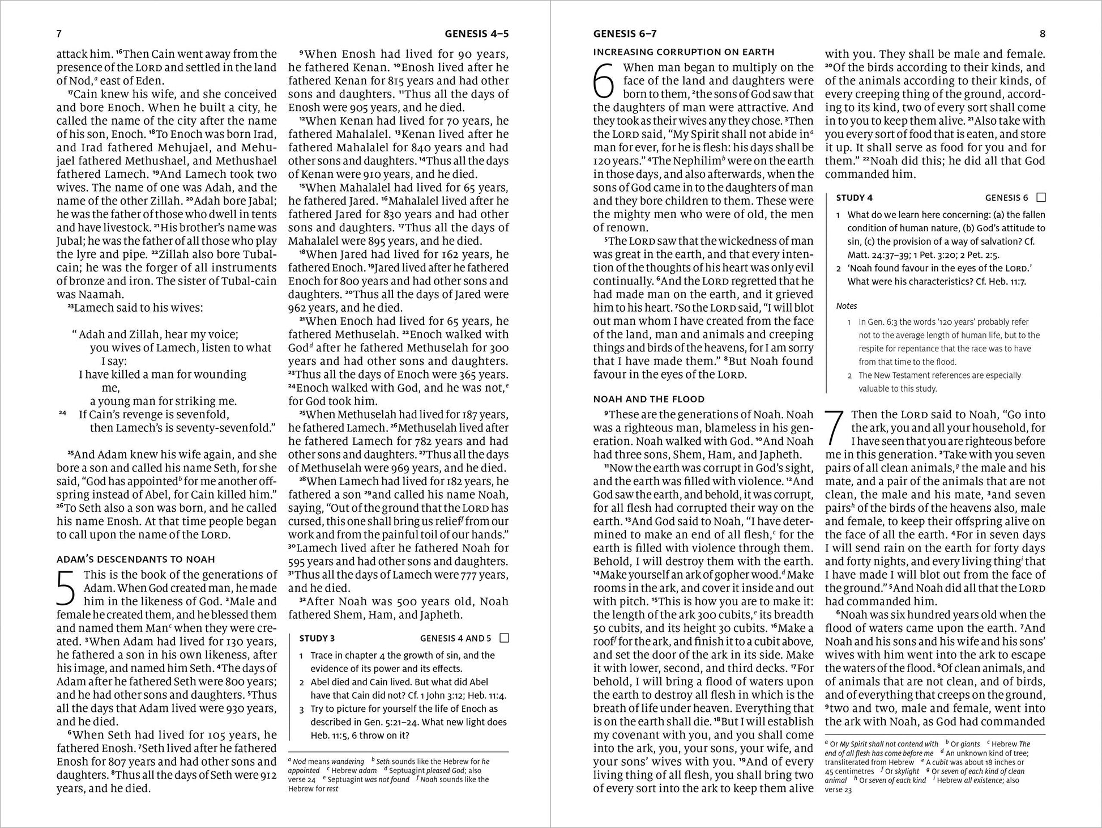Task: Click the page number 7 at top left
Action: pos(59,34)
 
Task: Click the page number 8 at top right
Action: pos(1043,34)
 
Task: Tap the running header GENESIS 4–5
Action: pos(476,34)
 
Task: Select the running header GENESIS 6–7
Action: pos(625,34)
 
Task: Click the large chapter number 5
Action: pos(67,589)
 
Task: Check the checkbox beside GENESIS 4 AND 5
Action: pos(505,638)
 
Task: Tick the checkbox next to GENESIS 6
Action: pos(1040,198)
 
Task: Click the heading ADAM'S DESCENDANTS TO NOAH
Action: pos(135,559)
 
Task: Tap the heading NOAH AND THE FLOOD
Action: pos(648,399)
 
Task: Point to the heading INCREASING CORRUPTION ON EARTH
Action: pos(684,52)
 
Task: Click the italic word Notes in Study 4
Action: pos(846,306)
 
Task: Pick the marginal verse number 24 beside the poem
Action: pos(62,414)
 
